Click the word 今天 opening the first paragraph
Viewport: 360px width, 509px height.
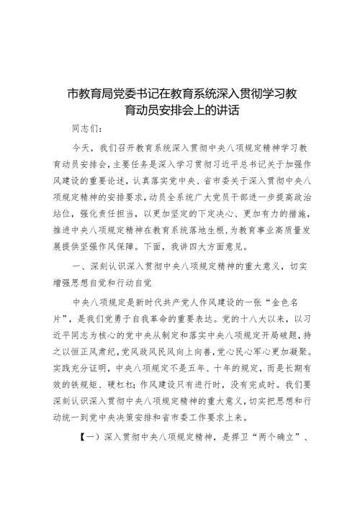pyautogui.click(x=82, y=148)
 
